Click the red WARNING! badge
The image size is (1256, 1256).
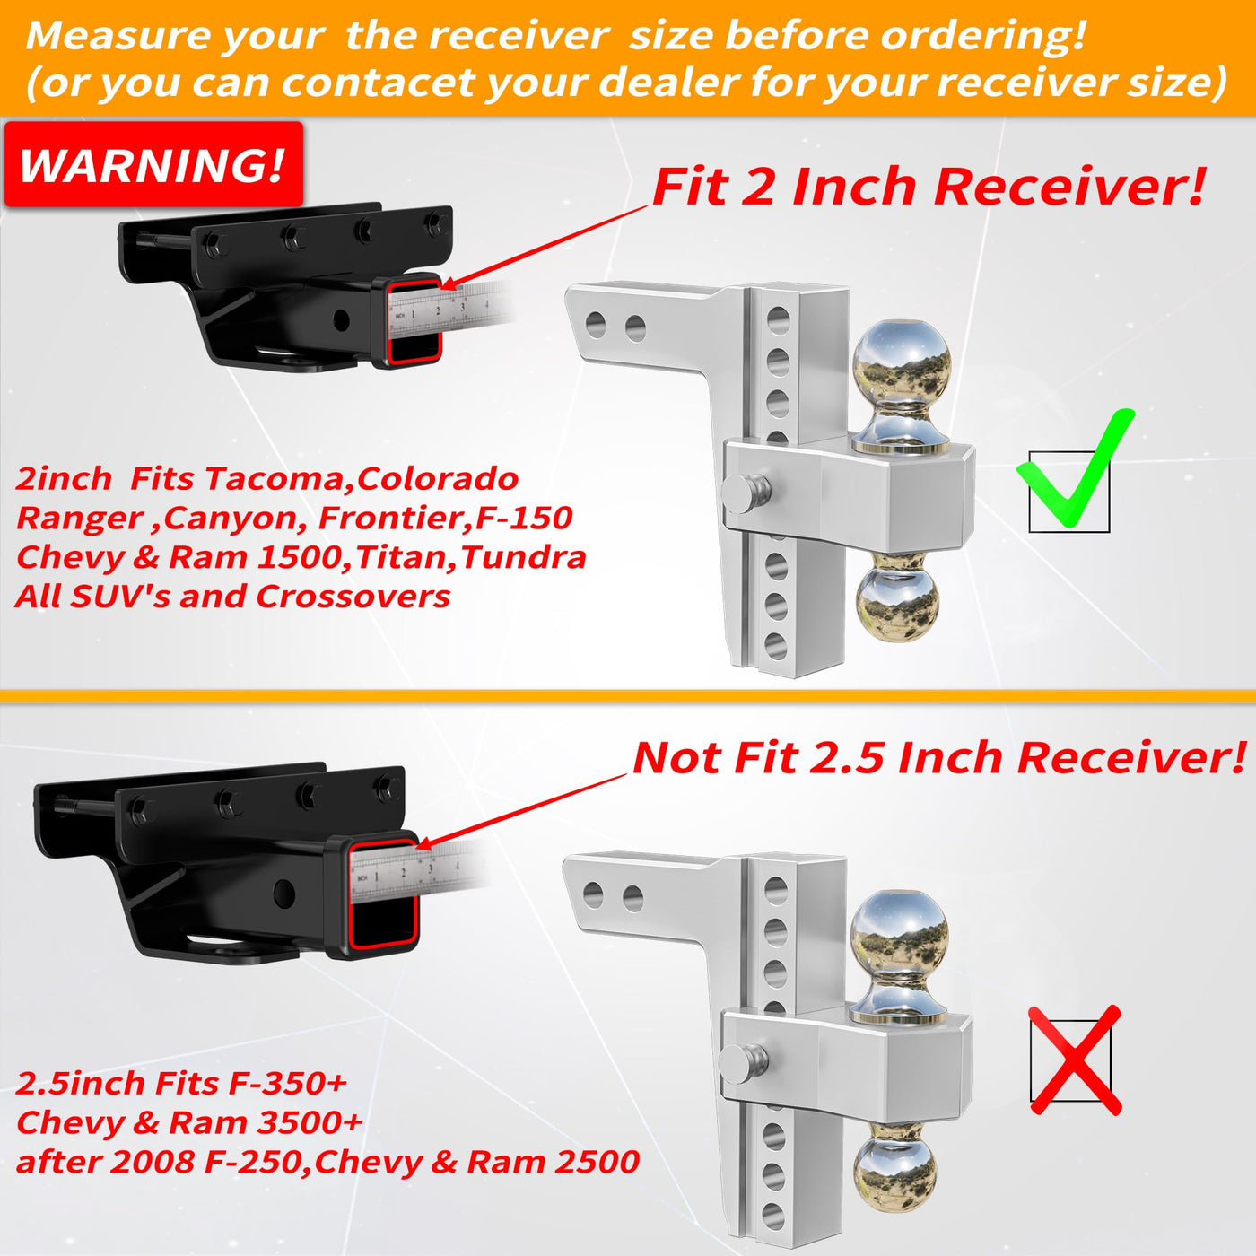click(153, 164)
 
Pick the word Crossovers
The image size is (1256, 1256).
click(353, 597)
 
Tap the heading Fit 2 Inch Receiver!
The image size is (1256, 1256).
click(929, 187)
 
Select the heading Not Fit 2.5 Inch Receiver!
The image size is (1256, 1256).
click(938, 758)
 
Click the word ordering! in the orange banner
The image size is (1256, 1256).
click(983, 35)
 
